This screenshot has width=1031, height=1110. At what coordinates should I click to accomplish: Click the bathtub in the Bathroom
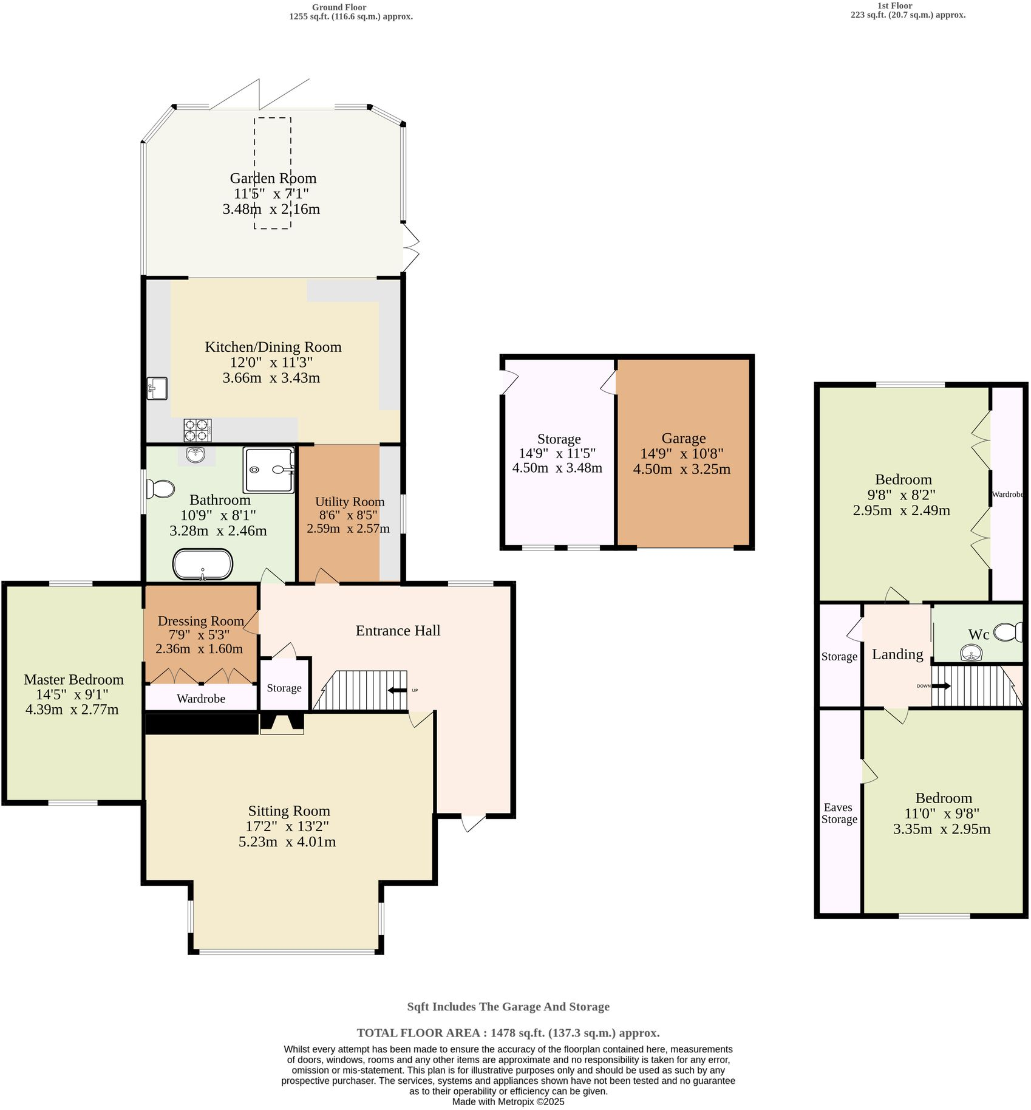click(x=202, y=564)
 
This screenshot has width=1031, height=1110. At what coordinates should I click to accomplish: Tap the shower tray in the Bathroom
click(x=268, y=470)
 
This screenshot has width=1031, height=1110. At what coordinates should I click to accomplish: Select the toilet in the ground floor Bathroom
click(x=161, y=488)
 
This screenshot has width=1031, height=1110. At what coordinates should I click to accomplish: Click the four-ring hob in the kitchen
click(x=197, y=430)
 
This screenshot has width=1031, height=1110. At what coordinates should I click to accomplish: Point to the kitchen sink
click(x=157, y=388)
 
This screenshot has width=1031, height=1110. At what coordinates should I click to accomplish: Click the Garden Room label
click(x=273, y=178)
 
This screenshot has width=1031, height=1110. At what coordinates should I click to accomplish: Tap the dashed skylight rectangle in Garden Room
click(x=272, y=173)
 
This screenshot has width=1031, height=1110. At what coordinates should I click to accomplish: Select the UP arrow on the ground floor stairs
click(x=398, y=690)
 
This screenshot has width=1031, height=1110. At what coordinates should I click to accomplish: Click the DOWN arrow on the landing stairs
click(x=941, y=686)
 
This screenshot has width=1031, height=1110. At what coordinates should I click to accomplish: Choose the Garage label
click(x=683, y=438)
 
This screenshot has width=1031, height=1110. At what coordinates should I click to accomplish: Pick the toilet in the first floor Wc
click(x=1008, y=632)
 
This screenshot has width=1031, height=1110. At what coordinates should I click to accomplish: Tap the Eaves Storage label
click(x=839, y=813)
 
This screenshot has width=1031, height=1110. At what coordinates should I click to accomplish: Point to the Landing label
click(x=897, y=654)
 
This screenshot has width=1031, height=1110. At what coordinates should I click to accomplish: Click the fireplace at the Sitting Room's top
click(x=282, y=724)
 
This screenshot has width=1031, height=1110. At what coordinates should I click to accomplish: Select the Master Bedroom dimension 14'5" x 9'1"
click(x=73, y=694)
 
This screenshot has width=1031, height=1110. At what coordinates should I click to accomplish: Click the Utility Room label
click(x=350, y=502)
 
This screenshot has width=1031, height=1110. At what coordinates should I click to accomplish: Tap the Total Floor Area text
click(x=508, y=1033)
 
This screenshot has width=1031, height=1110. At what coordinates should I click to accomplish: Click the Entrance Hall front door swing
click(x=473, y=823)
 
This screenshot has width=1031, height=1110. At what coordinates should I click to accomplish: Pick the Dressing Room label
click(x=200, y=621)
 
